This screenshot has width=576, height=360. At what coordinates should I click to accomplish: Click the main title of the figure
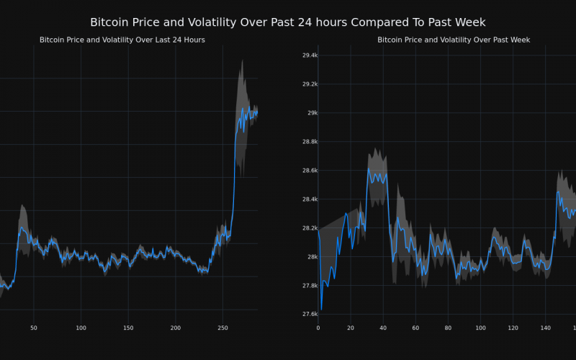288,22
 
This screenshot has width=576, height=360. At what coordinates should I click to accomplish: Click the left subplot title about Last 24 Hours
122,40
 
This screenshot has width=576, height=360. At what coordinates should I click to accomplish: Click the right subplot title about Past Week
454,40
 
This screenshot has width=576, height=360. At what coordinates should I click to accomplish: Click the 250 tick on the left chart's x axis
222,328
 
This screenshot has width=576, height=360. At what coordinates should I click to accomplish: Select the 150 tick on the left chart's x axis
128,328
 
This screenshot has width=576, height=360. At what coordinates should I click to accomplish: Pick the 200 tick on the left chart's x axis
176,328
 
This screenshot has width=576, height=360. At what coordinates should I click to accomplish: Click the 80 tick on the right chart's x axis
448,328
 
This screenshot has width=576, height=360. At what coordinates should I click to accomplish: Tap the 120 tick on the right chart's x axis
513,328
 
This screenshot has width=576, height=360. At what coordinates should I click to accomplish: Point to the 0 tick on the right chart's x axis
318,328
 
